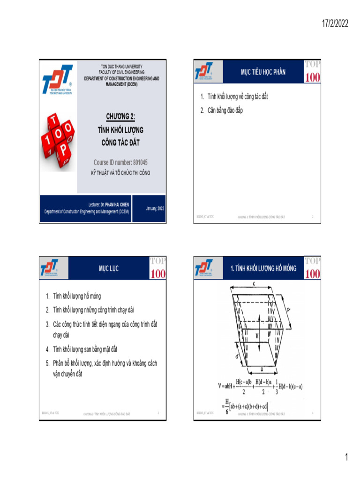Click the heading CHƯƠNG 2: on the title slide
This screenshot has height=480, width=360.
coord(120,117)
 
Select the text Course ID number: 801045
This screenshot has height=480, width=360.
coord(120,163)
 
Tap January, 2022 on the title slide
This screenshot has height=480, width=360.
coord(155,208)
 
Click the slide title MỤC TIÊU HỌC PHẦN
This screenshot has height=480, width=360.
coord(263,72)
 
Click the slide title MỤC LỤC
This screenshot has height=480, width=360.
coord(108,269)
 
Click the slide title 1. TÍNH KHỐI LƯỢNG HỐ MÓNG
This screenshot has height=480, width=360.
coord(263,269)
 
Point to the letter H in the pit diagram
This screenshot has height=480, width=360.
coord(257,336)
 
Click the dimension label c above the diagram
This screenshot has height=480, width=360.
coord(253,283)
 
